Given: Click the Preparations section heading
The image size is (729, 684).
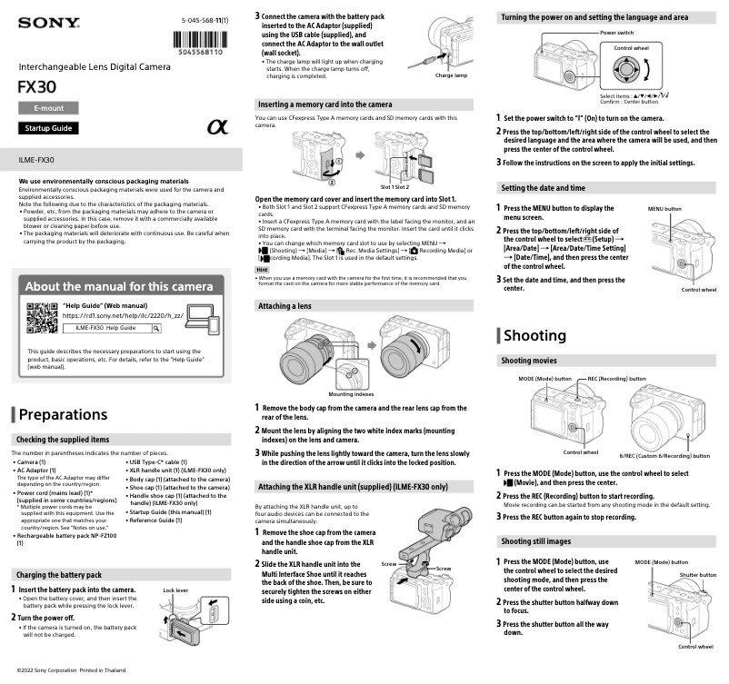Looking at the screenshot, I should [x=75, y=414].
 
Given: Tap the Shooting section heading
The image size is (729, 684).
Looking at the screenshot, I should [x=534, y=335].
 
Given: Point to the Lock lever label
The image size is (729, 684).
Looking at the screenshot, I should [x=176, y=590].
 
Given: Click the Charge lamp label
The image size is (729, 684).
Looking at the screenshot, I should [x=451, y=75].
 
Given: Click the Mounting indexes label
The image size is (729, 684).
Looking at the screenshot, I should [x=351, y=394].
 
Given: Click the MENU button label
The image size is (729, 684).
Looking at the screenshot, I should [x=664, y=208].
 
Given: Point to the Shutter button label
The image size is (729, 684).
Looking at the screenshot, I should [x=697, y=575].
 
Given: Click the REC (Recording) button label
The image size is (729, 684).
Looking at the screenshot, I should [x=616, y=378].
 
